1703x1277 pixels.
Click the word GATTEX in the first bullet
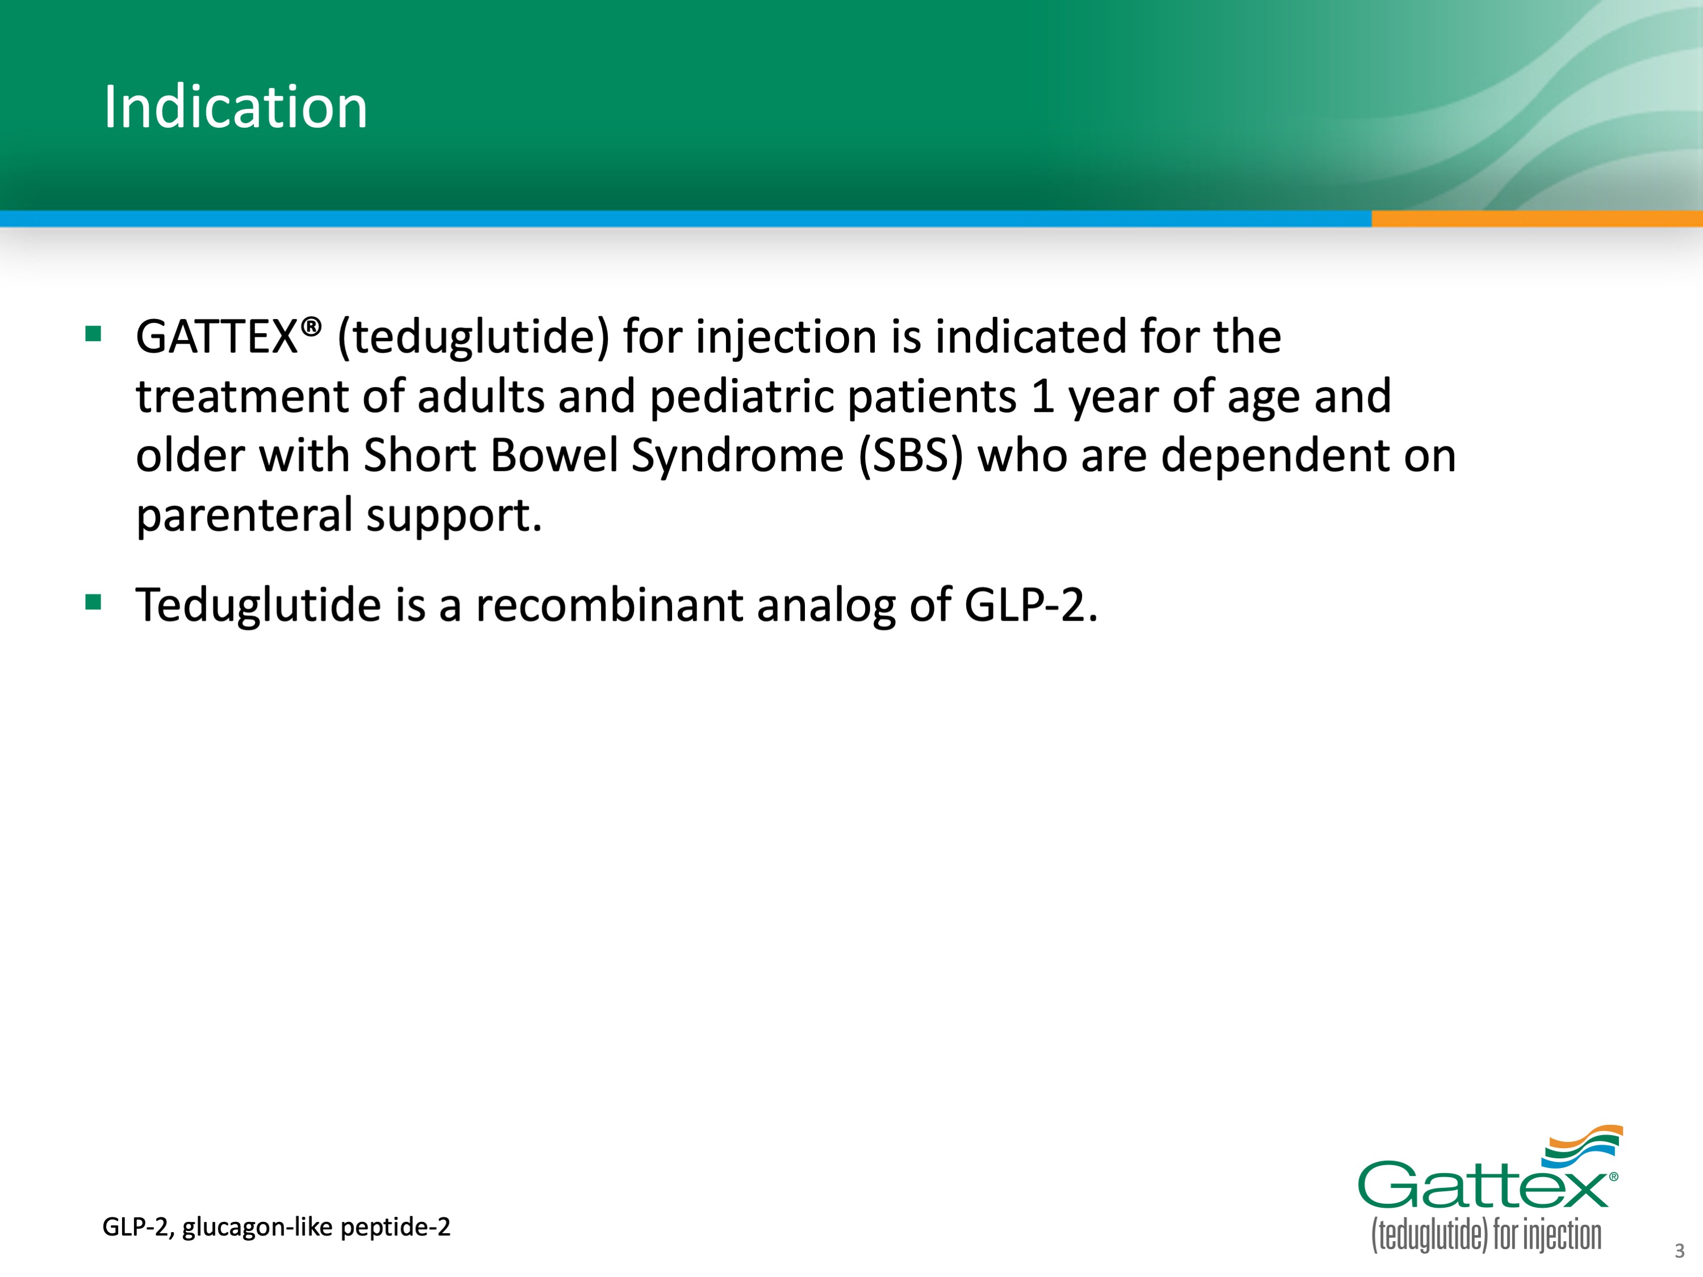(217, 337)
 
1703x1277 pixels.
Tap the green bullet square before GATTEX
(94, 333)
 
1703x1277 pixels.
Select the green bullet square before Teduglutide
(94, 601)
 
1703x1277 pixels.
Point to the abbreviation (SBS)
(911, 456)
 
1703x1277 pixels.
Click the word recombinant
(609, 605)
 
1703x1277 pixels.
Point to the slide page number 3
(1679, 1251)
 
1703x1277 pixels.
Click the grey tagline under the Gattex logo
(1486, 1234)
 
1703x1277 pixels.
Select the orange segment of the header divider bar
(1537, 219)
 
